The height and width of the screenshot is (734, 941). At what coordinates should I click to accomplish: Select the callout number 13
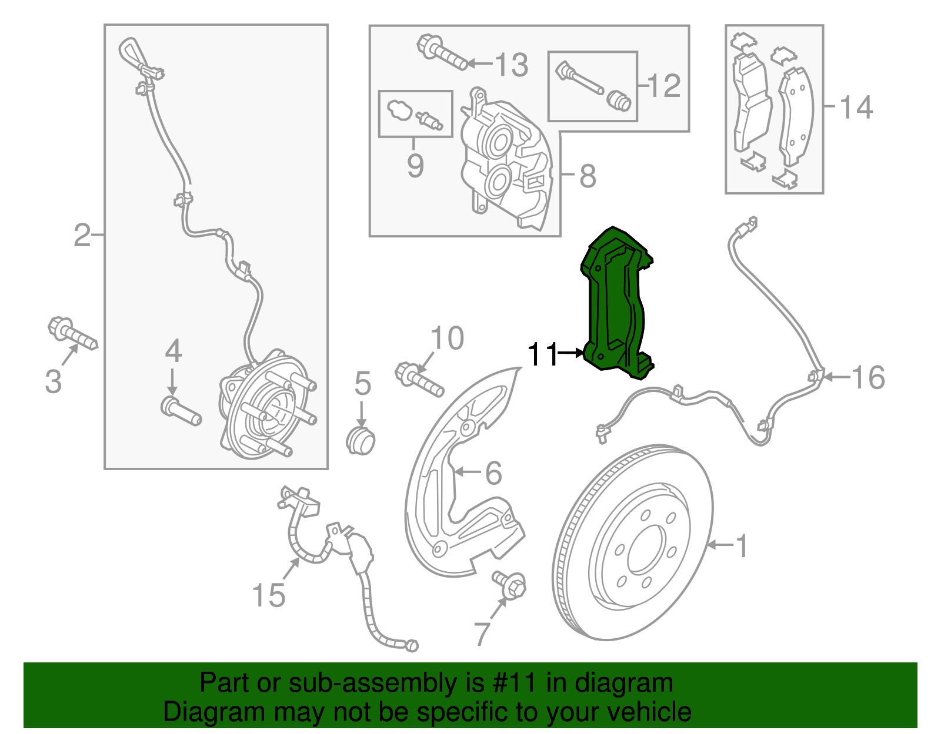(512, 65)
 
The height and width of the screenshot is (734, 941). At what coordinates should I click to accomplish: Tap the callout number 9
(415, 166)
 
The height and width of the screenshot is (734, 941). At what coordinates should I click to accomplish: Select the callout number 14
(856, 108)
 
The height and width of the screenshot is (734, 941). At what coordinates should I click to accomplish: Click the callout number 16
(868, 377)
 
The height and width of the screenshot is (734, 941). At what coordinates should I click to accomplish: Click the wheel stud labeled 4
(181, 411)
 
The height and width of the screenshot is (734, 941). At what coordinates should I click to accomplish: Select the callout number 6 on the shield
(493, 473)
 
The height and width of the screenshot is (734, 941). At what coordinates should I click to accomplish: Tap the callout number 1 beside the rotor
(742, 545)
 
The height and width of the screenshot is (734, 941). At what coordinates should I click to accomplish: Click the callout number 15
(269, 595)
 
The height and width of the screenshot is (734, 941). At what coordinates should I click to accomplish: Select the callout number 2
(82, 236)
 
